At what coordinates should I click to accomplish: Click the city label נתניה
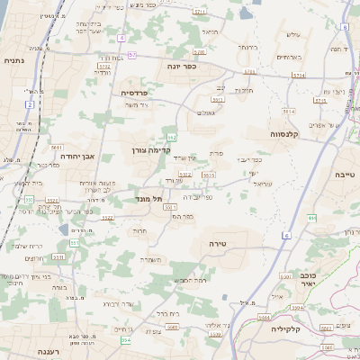pyautogui.click(x=13, y=60)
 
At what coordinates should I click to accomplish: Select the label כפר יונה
pyautogui.click(x=182, y=66)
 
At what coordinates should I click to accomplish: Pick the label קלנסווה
pyautogui.click(x=287, y=132)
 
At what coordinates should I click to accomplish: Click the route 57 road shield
pyautogui.click(x=132, y=56)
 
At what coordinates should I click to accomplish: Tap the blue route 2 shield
pyautogui.click(x=29, y=104)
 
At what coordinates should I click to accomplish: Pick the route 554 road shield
pyautogui.click(x=125, y=340)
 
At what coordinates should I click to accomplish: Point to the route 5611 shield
pyautogui.click(x=56, y=147)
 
